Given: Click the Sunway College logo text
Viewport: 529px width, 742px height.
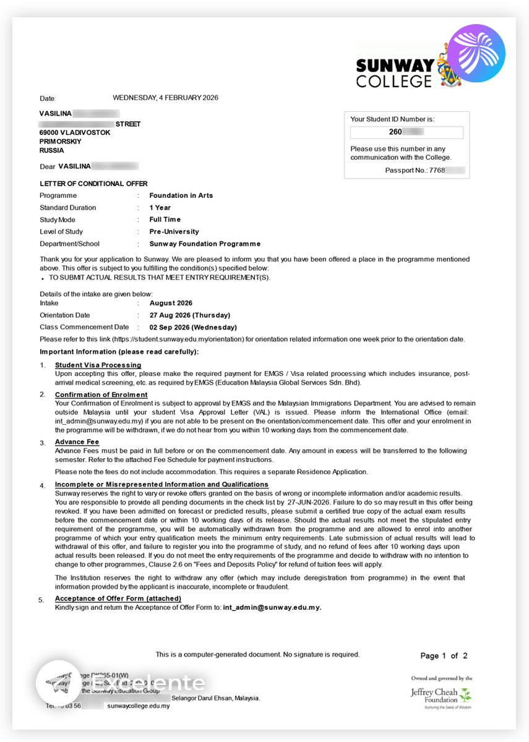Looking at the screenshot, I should click(395, 73).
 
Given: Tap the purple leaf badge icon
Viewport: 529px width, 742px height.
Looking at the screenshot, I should click(476, 53).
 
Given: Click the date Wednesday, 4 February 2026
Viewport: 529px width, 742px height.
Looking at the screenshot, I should click(165, 98).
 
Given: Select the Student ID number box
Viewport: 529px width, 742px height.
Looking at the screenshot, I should click(406, 132).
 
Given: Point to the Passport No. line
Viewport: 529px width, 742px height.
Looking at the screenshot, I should click(424, 170).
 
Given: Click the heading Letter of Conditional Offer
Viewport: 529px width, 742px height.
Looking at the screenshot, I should click(93, 184).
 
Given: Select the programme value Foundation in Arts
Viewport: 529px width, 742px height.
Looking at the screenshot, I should click(181, 195).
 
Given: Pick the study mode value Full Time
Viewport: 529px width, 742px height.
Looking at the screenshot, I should click(165, 220).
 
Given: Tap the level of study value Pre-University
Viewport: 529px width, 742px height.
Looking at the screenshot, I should click(174, 232).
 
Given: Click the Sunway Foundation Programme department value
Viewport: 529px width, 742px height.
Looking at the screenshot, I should click(205, 244).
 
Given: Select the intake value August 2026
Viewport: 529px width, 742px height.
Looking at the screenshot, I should click(171, 303).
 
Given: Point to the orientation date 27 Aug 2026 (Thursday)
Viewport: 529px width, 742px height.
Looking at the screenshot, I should click(190, 315).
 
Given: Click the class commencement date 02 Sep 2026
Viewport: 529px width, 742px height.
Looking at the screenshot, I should click(193, 328).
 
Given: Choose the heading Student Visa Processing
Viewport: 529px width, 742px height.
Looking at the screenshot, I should click(98, 365).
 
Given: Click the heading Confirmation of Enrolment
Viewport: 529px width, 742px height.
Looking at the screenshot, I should click(101, 394).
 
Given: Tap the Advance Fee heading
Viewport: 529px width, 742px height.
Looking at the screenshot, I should click(77, 442).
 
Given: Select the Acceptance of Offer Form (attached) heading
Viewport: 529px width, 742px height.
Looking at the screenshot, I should click(118, 599).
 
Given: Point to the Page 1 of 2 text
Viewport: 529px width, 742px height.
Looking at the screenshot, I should click(444, 656).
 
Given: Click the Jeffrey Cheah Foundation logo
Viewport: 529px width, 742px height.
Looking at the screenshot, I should click(441, 694).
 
